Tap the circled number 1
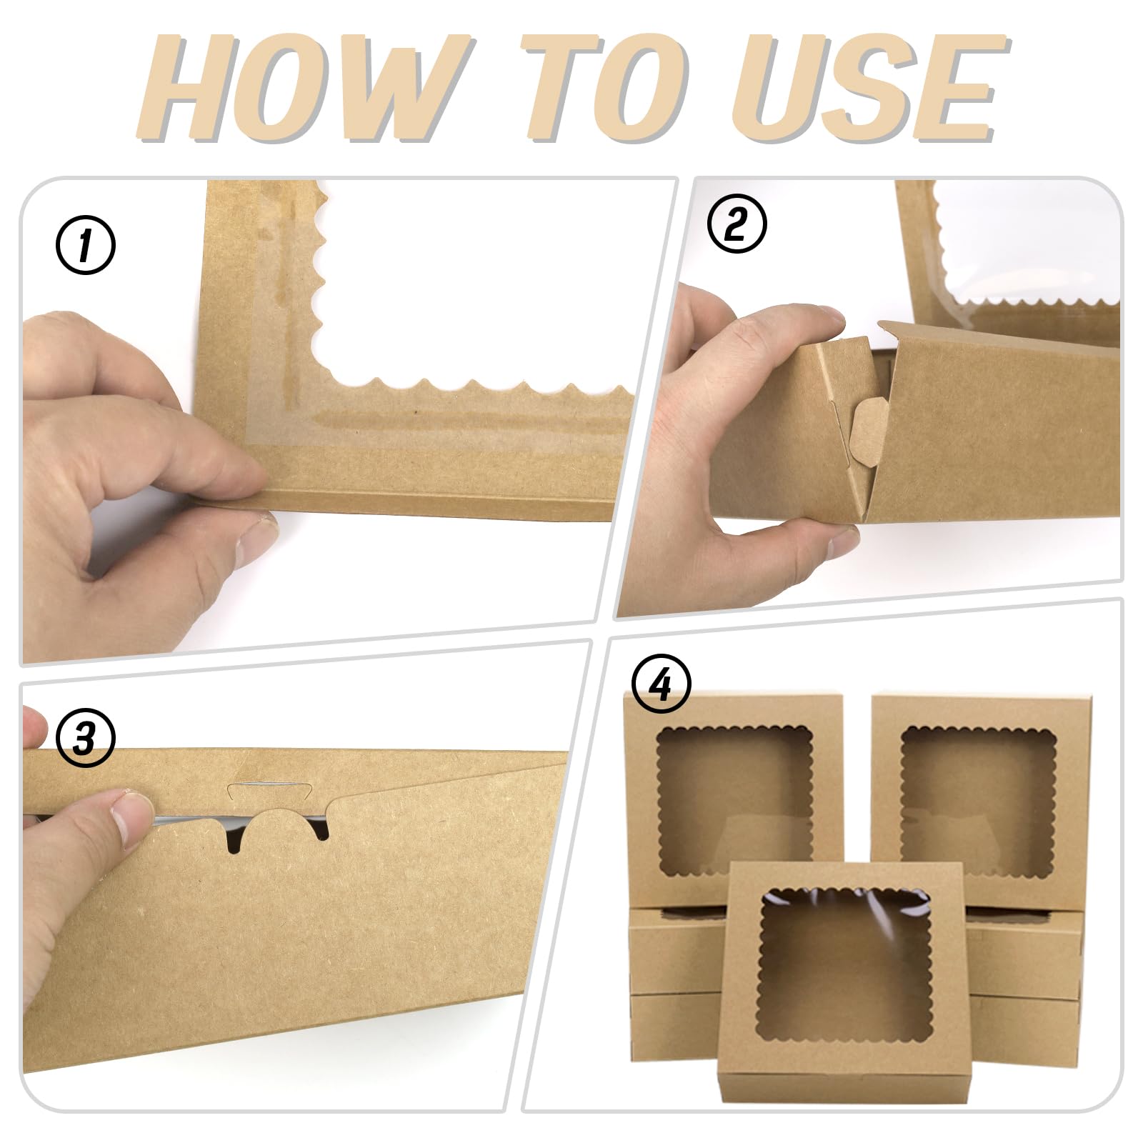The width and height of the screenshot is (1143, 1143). (85, 247)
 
